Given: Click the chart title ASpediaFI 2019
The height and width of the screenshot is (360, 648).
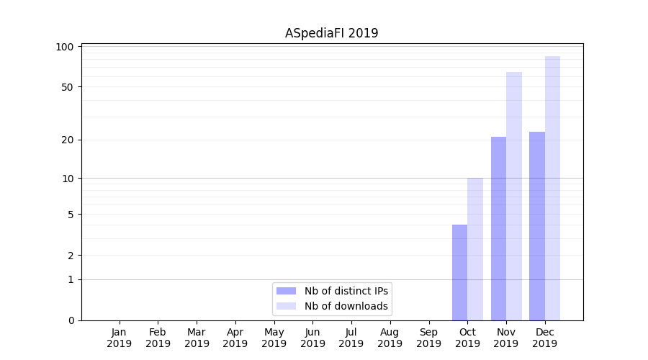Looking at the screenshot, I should point(331,33).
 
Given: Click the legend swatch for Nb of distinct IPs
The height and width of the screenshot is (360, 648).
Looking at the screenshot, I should point(286,291).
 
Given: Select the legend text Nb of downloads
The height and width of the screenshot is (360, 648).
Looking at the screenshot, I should point(346,306).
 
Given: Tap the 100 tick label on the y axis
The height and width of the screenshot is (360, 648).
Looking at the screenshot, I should point(65,47).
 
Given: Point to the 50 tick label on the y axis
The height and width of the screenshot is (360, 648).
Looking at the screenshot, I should point(67,87).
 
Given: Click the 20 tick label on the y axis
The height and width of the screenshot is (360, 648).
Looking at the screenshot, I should point(67,140).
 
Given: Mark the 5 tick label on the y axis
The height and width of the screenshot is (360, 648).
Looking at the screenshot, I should point(71,214).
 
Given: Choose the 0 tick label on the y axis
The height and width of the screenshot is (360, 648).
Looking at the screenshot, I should point(71,320).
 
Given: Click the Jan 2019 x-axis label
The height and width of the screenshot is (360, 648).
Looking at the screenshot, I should point(120,338).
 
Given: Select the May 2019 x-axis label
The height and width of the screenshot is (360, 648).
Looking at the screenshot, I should point(274,338).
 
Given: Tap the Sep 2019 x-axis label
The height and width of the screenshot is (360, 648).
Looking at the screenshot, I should point(428,338).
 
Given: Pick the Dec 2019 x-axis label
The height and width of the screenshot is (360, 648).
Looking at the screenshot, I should point(545,338).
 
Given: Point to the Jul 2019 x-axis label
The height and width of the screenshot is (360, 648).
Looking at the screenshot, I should point(351,338).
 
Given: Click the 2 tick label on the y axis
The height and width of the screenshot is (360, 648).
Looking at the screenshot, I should point(71,255).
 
